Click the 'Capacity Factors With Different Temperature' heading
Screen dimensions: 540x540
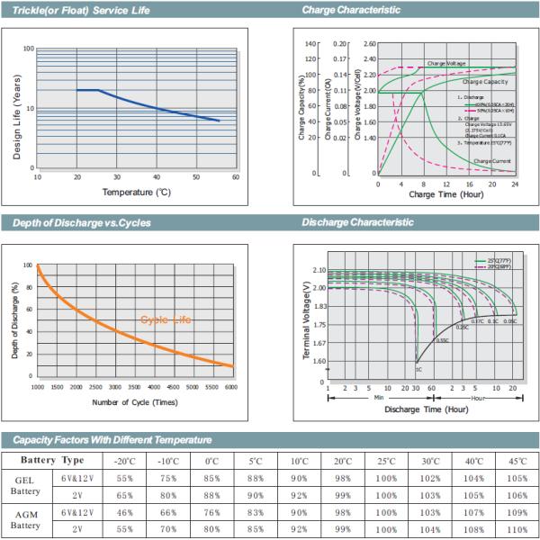pos(112,439)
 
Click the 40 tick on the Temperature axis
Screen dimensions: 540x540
pos(156,177)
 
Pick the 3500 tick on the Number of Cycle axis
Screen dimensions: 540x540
pos(153,386)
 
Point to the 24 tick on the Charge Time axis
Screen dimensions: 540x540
pos(516,184)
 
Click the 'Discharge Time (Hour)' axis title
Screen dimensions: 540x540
pos(426,409)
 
